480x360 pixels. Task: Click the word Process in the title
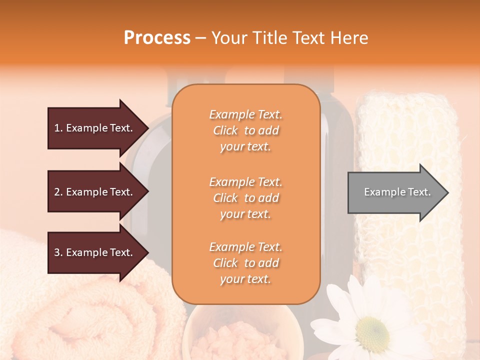point(157,38)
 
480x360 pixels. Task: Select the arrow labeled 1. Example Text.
point(95,128)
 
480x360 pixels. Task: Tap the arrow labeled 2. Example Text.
point(95,192)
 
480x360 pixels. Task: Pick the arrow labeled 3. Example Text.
point(95,252)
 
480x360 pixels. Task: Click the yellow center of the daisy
point(373,330)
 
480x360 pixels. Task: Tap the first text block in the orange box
point(245,130)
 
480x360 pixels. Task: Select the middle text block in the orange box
point(245,198)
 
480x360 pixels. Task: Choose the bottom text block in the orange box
point(245,263)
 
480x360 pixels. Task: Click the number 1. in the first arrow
point(58,128)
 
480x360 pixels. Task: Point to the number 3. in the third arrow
point(58,252)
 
